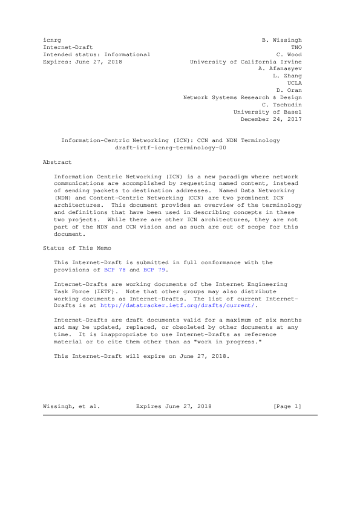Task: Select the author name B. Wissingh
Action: (281, 39)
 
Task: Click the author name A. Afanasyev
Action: (280, 68)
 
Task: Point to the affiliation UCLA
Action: (295, 83)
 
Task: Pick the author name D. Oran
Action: (287, 90)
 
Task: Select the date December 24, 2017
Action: (271, 119)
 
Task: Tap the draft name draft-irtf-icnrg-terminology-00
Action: (171, 148)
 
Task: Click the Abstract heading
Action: (57, 162)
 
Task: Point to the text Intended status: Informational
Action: (96, 54)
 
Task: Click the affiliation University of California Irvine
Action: (246, 61)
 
